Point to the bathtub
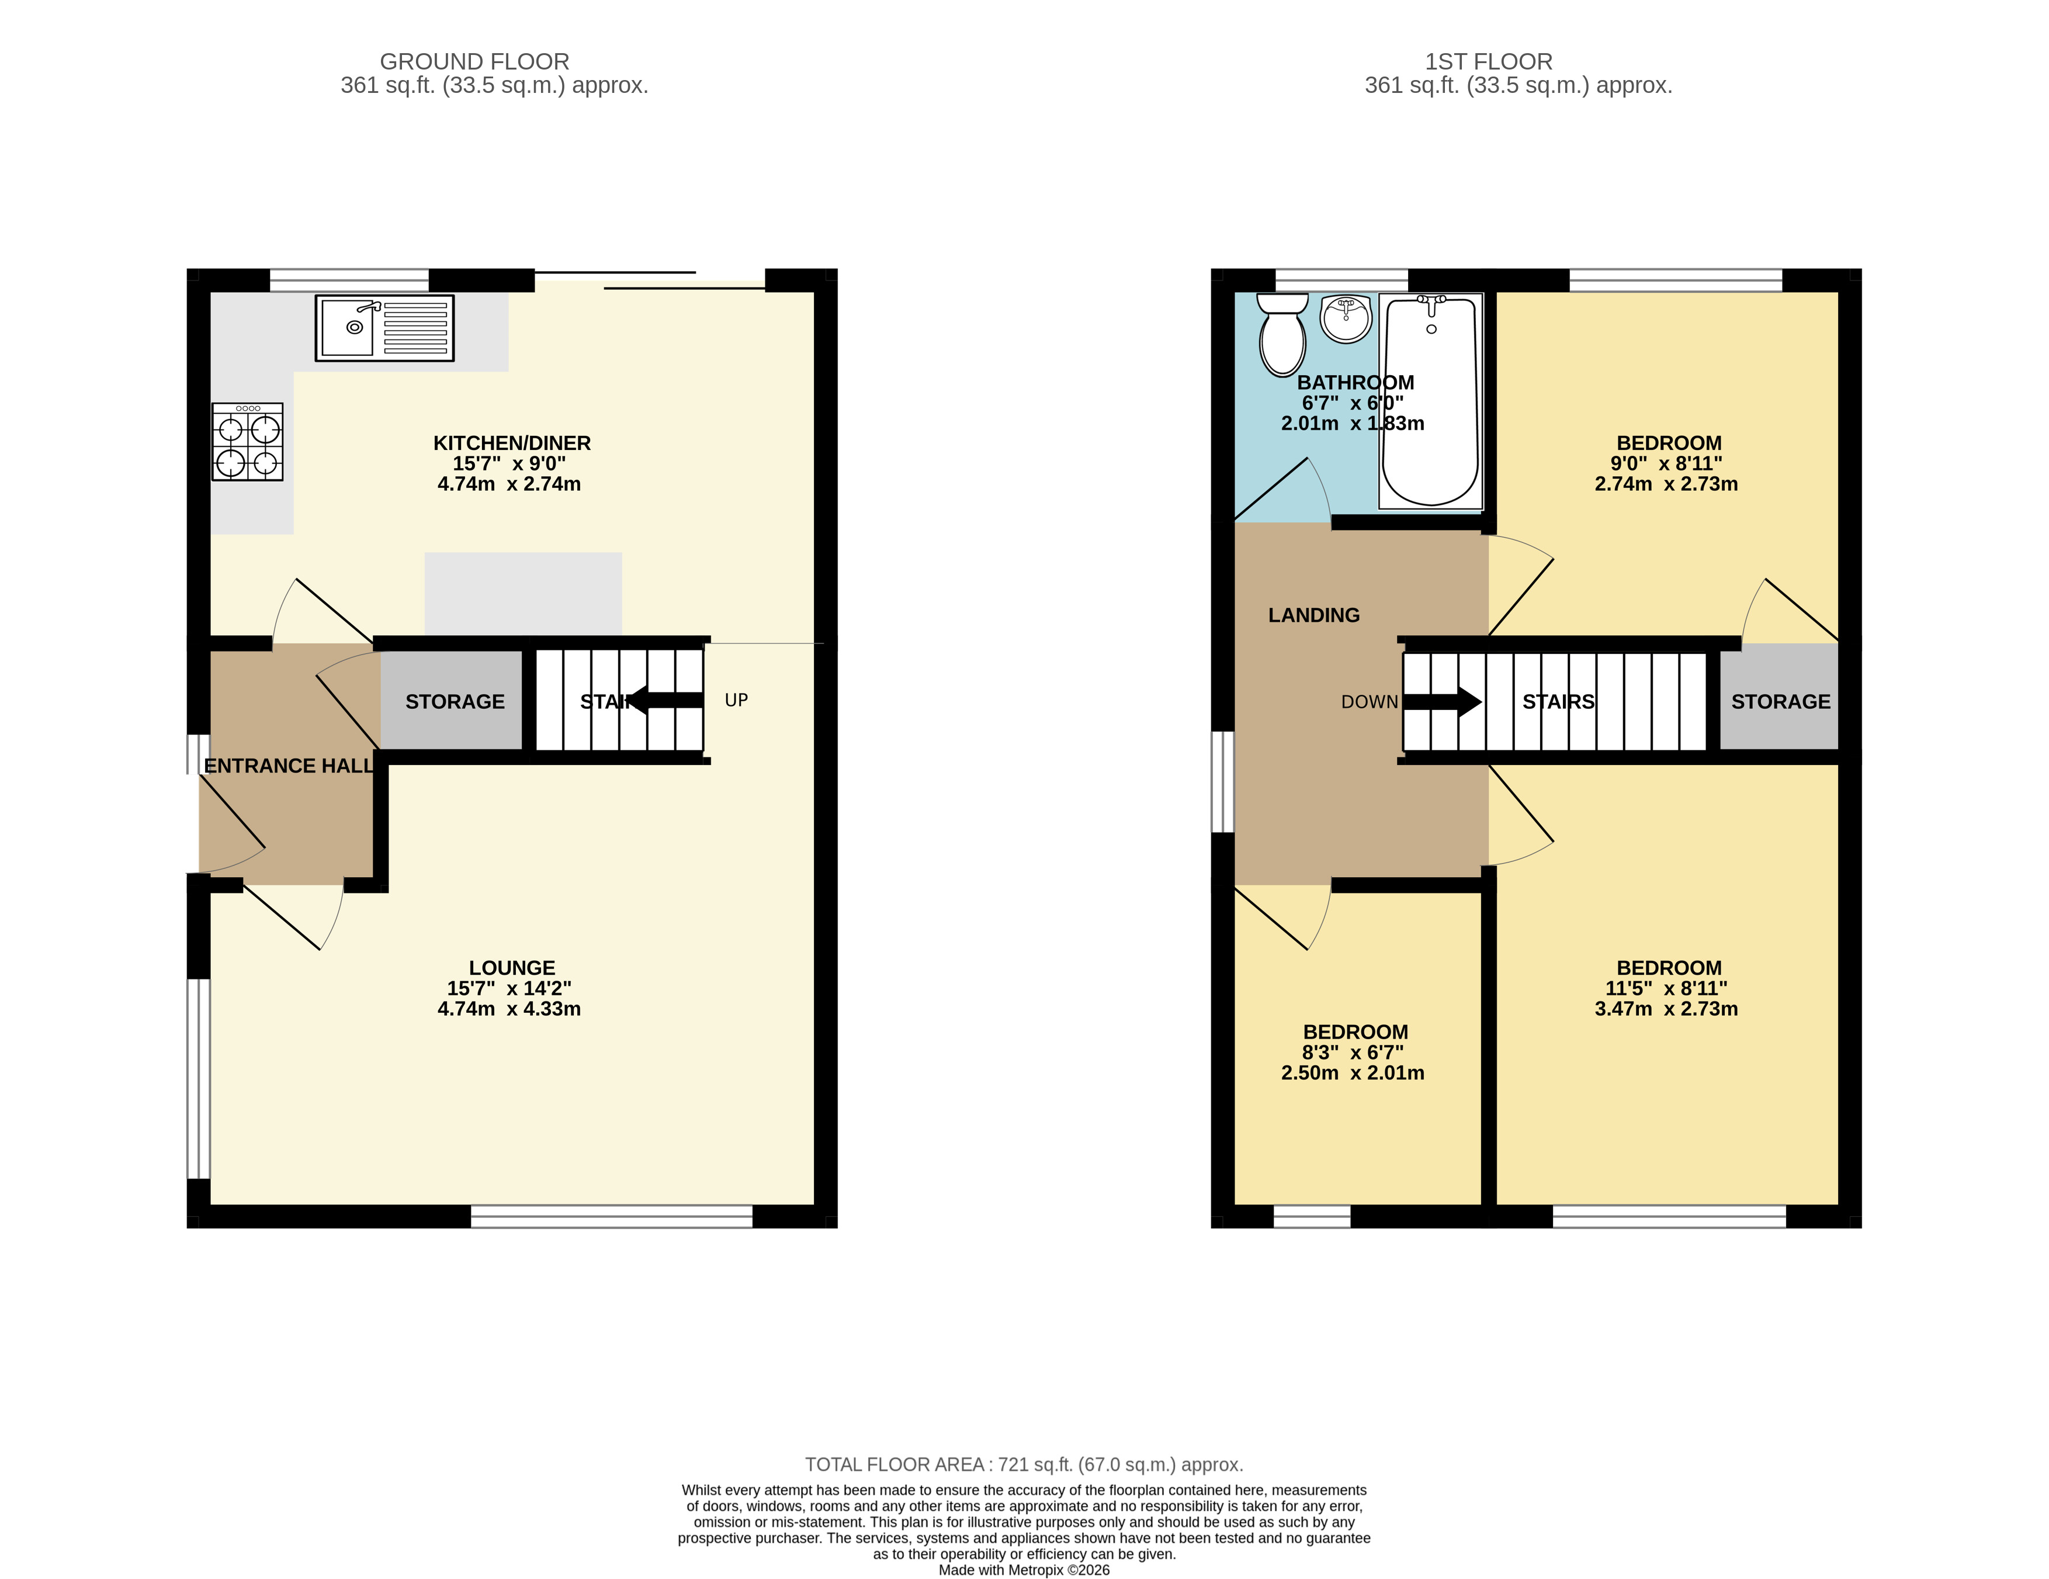click(1431, 401)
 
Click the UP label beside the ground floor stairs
click(737, 700)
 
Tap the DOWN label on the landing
click(1370, 702)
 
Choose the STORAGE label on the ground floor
click(455, 702)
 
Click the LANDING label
click(1313, 615)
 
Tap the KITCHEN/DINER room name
click(512, 443)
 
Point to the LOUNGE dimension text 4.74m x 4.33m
click(509, 1009)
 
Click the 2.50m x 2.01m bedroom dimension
click(1353, 1074)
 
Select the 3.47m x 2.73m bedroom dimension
click(1666, 1009)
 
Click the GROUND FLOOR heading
click(475, 62)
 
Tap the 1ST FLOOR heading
click(1489, 62)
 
